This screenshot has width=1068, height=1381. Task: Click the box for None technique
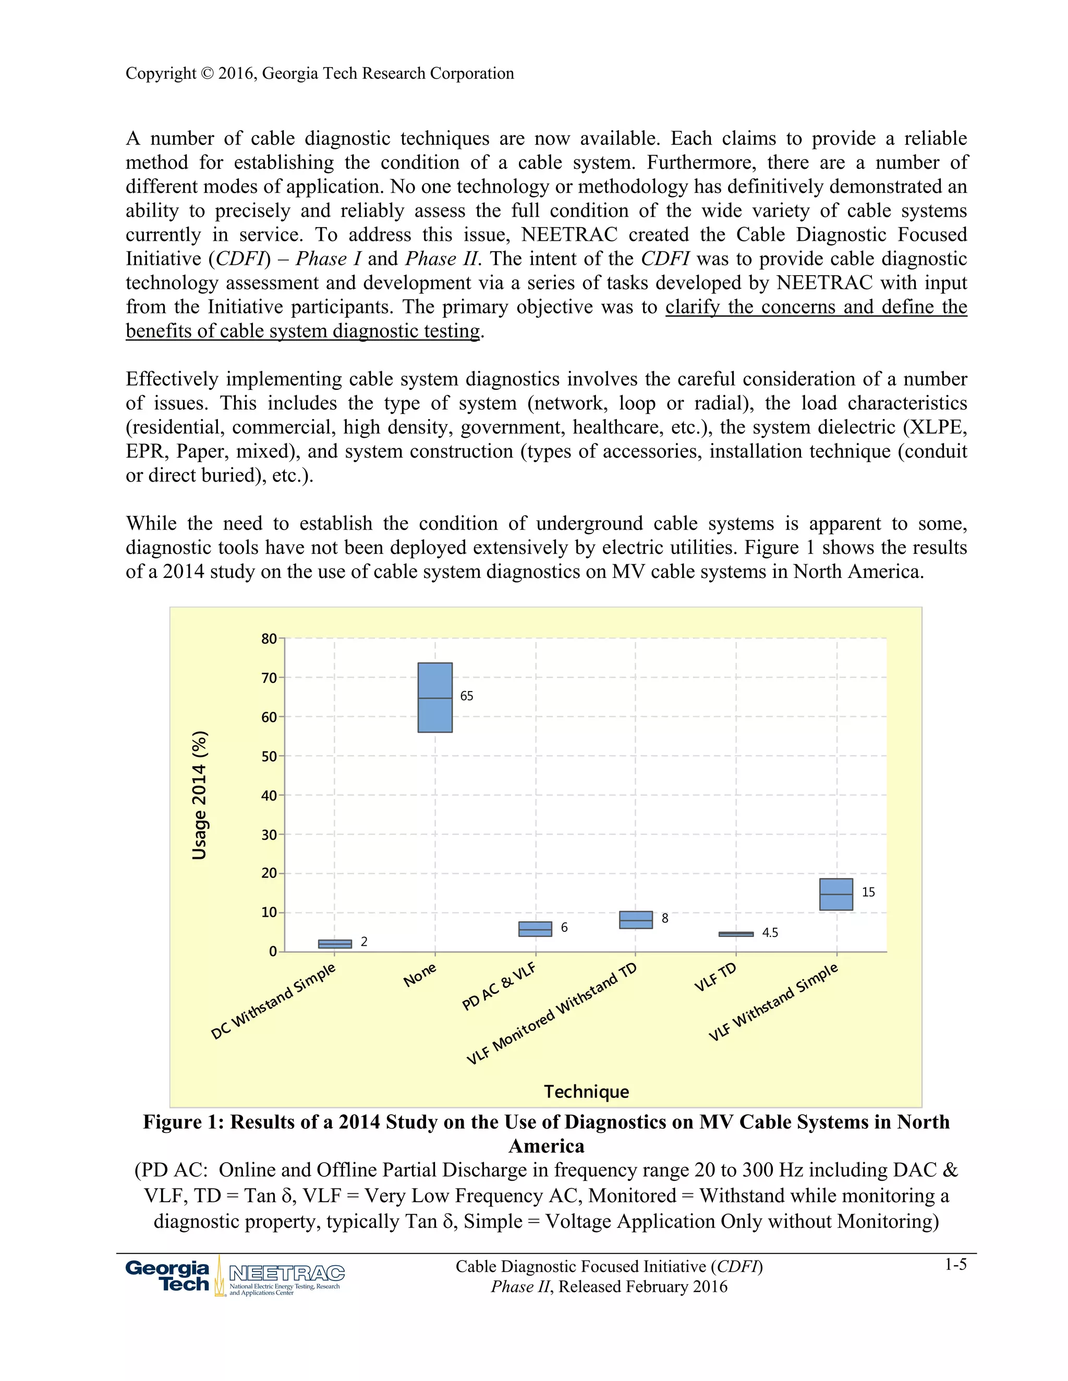pyautogui.click(x=435, y=697)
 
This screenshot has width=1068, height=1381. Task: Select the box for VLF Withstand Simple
pyautogui.click(x=836, y=894)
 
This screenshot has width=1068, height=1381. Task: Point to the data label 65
pyautogui.click(x=466, y=696)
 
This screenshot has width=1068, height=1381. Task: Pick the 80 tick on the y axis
pyautogui.click(x=269, y=639)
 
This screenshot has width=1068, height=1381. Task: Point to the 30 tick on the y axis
pyautogui.click(x=269, y=835)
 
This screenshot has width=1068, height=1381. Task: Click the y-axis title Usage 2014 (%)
pyautogui.click(x=199, y=795)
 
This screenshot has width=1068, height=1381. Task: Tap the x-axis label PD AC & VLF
pyautogui.click(x=499, y=987)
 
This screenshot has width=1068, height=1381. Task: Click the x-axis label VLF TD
pyautogui.click(x=715, y=977)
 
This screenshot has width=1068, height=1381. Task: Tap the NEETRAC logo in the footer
pyautogui.click(x=286, y=1277)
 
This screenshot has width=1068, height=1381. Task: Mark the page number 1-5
pyautogui.click(x=955, y=1265)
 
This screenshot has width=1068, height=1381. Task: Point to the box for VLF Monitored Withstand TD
pyautogui.click(x=635, y=919)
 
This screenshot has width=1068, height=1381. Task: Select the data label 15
pyautogui.click(x=868, y=892)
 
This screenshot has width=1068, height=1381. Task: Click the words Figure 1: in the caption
pyautogui.click(x=183, y=1122)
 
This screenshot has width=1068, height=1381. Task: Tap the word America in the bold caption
pyautogui.click(x=546, y=1146)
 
